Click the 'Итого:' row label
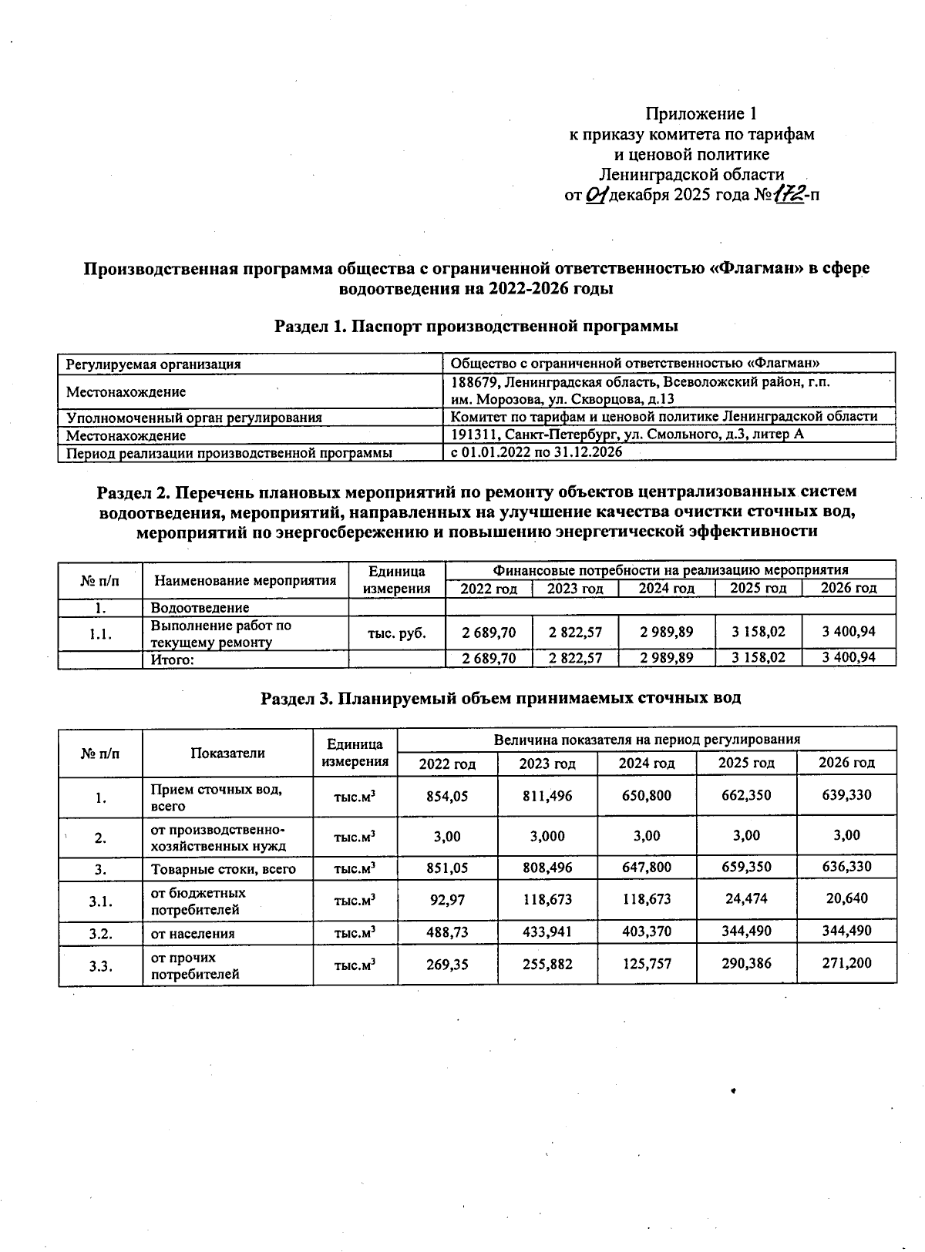pos(172,659)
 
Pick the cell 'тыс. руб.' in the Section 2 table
pos(397,633)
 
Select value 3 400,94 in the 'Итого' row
pos(848,658)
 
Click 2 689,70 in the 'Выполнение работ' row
pos(489,633)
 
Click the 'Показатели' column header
pos(227,753)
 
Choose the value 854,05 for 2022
pos(447,796)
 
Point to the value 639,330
pos(846,795)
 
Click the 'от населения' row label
pos(193,933)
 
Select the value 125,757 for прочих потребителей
pos(646,964)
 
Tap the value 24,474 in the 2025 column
pos(746,898)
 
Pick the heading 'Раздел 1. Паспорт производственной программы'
pos(476,326)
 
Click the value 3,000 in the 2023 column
pos(546,836)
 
